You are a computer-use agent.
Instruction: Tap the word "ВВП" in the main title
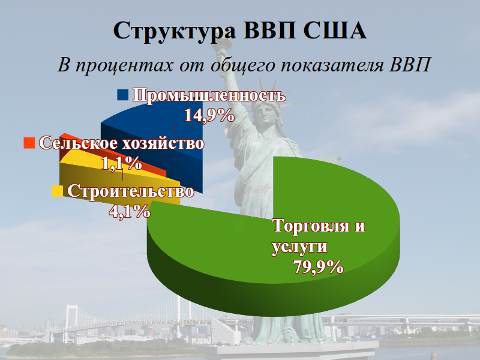coord(269,31)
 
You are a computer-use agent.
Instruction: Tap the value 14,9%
coord(208,116)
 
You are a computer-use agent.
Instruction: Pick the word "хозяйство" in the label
coord(163,144)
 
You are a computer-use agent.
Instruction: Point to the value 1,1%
coord(122,163)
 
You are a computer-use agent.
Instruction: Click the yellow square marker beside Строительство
coord(58,191)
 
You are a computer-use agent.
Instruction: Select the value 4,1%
coord(129,211)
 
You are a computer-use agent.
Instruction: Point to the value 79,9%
coord(319,266)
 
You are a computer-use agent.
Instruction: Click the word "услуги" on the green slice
coord(299,247)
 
